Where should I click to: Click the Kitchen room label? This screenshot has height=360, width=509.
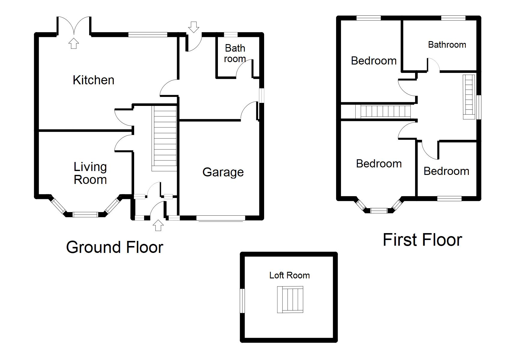(x=93, y=80)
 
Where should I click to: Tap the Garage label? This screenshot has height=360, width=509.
(x=223, y=172)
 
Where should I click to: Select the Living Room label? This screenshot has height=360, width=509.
(x=90, y=173)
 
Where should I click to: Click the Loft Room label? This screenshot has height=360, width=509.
(x=289, y=275)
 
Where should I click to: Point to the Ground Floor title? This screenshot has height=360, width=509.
(x=114, y=247)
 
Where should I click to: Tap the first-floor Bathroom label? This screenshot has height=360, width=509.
(x=447, y=45)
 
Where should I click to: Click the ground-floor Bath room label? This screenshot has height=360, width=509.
(x=235, y=53)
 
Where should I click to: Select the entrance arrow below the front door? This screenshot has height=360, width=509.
(x=158, y=225)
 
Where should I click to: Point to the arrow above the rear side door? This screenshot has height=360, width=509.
(x=194, y=27)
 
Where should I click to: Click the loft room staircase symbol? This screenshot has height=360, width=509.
(x=290, y=300)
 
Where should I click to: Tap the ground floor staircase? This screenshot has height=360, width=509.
(x=164, y=138)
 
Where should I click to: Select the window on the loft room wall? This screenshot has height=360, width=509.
(x=242, y=301)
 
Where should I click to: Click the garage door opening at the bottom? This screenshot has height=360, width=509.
(x=221, y=219)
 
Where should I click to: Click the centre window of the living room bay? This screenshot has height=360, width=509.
(x=86, y=214)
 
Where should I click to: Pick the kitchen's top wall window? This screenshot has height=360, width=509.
(x=148, y=35)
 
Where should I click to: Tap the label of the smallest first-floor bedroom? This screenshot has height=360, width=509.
(x=446, y=171)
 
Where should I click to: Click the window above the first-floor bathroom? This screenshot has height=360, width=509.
(x=453, y=18)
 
